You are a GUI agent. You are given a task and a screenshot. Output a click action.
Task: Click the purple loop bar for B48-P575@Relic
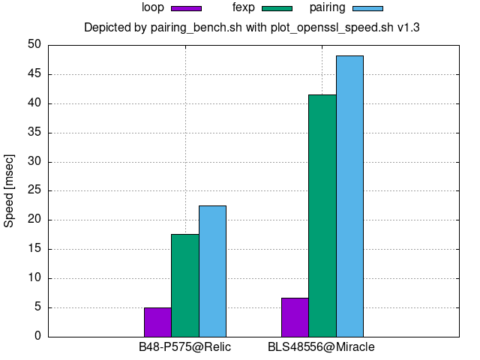157,322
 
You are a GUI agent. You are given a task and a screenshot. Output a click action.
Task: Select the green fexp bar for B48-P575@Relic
184,285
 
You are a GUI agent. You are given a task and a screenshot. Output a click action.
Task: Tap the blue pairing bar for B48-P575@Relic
212,271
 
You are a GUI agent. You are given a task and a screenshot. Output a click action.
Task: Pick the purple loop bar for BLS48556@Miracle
295,316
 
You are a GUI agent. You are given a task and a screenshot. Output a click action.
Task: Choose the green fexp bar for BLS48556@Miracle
322,215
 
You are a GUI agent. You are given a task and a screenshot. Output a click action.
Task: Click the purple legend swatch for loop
186,8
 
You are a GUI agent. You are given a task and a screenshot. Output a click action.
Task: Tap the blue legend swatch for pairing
367,8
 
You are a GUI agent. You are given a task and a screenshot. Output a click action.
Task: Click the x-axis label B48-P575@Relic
184,347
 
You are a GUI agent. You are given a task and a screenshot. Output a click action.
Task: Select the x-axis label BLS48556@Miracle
321,347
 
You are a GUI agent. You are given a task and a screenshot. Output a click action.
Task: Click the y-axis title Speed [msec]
10,190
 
